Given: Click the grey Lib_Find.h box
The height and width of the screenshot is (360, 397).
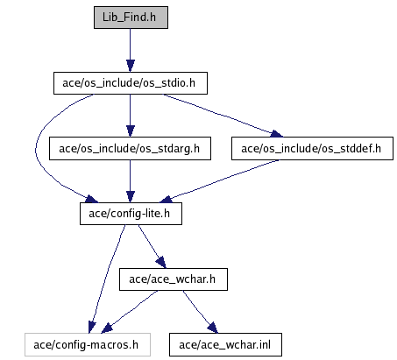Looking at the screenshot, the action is coord(131,18).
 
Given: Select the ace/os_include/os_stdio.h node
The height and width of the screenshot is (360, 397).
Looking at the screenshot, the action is coord(131,83).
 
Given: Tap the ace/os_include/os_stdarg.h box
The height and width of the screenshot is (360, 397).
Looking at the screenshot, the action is coord(130,149).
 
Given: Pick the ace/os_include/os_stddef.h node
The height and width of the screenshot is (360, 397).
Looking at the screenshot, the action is coord(312,149).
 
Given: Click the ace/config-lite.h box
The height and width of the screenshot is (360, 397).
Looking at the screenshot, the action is coord(131,214).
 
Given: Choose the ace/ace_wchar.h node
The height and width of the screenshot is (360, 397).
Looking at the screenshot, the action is coord(174,279).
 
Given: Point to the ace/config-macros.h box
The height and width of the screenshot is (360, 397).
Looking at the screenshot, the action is coord(88,345).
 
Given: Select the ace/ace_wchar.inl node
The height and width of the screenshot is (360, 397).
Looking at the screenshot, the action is coord(225,345).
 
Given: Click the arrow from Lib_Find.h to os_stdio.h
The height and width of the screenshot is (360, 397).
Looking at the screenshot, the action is coord(131,50).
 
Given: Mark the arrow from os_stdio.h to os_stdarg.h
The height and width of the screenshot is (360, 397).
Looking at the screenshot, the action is coord(131,116).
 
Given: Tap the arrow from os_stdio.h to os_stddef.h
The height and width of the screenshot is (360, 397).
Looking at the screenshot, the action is coord(222,116).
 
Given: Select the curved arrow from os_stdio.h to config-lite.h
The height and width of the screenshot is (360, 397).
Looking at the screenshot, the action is coord(36,149).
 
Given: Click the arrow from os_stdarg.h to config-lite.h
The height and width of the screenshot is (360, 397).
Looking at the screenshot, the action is coord(131,181).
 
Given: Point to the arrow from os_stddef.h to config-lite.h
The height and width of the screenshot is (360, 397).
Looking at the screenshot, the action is coord(220,181).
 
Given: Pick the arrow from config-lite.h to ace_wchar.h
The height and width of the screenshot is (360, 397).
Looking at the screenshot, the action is coord(152,246).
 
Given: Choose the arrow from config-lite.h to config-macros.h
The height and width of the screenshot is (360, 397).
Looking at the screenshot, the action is coord(108,279).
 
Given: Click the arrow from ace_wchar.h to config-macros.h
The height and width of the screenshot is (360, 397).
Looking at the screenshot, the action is coord(130,312).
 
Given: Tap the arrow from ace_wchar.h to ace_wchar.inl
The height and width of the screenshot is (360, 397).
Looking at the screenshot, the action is coord(200,312).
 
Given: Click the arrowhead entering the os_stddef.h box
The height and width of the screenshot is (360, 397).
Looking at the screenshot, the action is coord(276,134).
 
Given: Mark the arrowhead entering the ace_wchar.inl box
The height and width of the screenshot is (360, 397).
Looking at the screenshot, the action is coord(213,328).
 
